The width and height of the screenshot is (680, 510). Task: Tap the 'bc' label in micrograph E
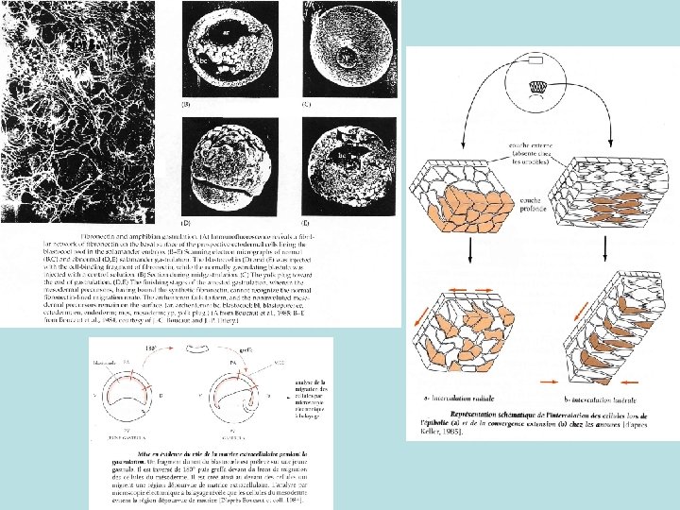pyautogui.click(x=344, y=151)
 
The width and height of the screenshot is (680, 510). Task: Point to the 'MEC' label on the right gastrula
pyautogui.click(x=279, y=363)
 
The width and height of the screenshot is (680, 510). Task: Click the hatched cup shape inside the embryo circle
pyautogui.click(x=536, y=86)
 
